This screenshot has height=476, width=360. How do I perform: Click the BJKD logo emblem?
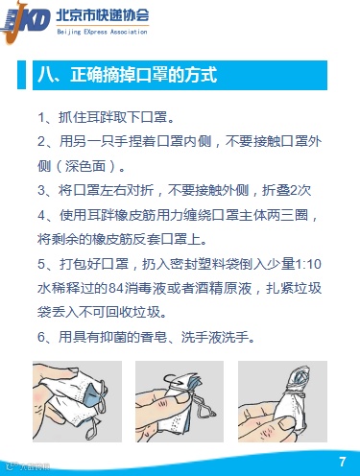point(25,22)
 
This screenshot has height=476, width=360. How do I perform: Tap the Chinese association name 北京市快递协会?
point(103,15)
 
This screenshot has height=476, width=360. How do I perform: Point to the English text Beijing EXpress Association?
point(102,32)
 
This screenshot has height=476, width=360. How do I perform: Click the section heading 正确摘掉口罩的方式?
point(144,75)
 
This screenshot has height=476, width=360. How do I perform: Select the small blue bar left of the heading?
point(21,75)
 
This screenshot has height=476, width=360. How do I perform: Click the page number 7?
point(343,462)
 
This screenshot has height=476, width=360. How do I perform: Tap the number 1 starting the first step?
point(41,117)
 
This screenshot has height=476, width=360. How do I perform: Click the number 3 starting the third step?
point(41,190)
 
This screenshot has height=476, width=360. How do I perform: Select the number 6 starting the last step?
point(41,337)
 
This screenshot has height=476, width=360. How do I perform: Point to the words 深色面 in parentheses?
point(85,166)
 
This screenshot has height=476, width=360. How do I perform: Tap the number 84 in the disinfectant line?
point(116,289)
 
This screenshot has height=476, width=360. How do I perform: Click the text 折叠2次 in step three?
point(287,190)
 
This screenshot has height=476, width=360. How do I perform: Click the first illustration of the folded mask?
point(77,401)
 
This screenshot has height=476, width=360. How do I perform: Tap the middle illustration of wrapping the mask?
point(180,401)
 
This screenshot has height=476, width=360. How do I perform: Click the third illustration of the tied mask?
point(282,401)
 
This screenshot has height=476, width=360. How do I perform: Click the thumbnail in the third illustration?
point(287,423)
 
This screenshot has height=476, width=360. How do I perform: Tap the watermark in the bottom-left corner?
point(29,466)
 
